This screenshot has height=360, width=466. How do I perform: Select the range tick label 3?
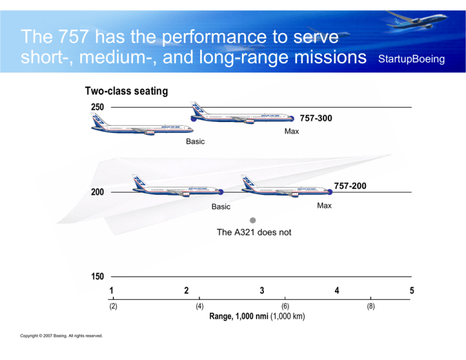pos(262,290)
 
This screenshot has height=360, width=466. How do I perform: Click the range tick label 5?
pos(412,290)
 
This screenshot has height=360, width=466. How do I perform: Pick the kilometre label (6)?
pos(285,307)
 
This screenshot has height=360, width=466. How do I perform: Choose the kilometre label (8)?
pos(371,307)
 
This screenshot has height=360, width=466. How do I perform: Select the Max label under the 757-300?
pos(291,131)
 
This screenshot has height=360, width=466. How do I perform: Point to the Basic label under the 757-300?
pos(195,141)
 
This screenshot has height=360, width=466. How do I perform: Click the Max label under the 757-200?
pos(324,206)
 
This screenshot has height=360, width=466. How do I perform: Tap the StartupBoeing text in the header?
pos(411,59)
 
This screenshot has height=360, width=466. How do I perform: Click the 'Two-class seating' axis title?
pos(126,91)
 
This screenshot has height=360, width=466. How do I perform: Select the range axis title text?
pos(257,316)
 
